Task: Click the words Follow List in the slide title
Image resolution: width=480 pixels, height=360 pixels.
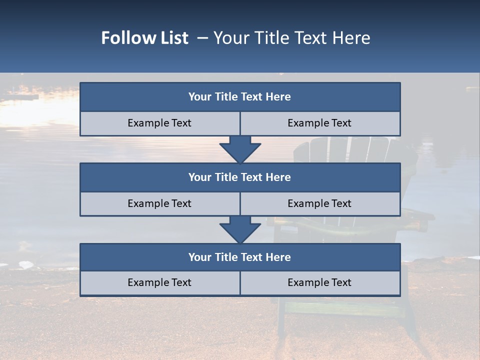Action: click(145, 38)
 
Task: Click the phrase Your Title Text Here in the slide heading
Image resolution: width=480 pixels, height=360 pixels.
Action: click(291, 38)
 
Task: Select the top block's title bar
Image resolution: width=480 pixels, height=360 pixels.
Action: click(240, 97)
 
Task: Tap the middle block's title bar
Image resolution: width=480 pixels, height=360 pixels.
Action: click(240, 177)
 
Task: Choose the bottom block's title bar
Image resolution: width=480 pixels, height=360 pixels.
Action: click(240, 257)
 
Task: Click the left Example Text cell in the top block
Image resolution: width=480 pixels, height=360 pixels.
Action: click(160, 123)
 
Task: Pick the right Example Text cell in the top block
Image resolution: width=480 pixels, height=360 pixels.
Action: click(320, 123)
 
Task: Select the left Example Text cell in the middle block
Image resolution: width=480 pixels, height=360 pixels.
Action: click(160, 204)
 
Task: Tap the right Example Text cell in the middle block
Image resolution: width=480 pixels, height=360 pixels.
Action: click(320, 204)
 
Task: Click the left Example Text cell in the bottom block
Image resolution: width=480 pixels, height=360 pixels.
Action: click(160, 283)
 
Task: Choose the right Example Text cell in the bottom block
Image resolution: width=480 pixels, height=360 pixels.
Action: click(320, 283)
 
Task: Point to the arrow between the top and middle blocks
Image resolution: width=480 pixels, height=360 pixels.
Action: click(240, 149)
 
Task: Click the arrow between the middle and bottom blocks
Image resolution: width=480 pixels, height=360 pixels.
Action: click(240, 229)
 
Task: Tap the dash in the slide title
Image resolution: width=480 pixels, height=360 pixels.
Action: click(202, 38)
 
